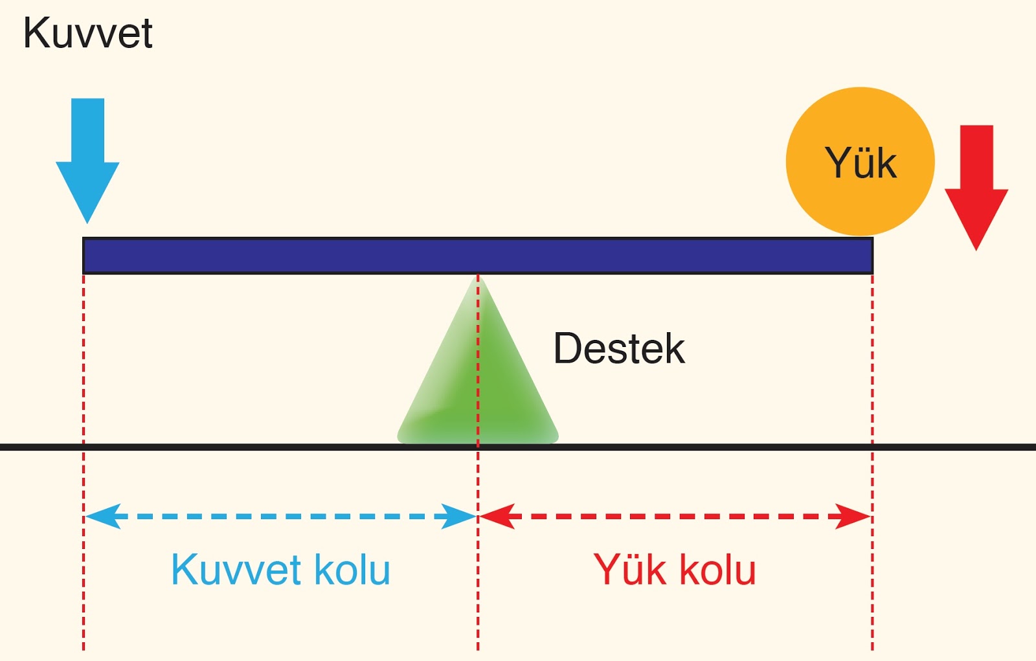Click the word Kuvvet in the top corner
(87, 34)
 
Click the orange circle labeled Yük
(860, 161)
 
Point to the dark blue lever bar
(478, 256)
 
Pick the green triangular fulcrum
(478, 382)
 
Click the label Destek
(619, 349)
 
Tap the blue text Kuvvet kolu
(280, 570)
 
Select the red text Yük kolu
(675, 570)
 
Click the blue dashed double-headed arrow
(280, 517)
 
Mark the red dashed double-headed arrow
(675, 517)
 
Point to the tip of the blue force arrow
(87, 220)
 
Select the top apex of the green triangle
(478, 278)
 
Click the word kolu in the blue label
(352, 570)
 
